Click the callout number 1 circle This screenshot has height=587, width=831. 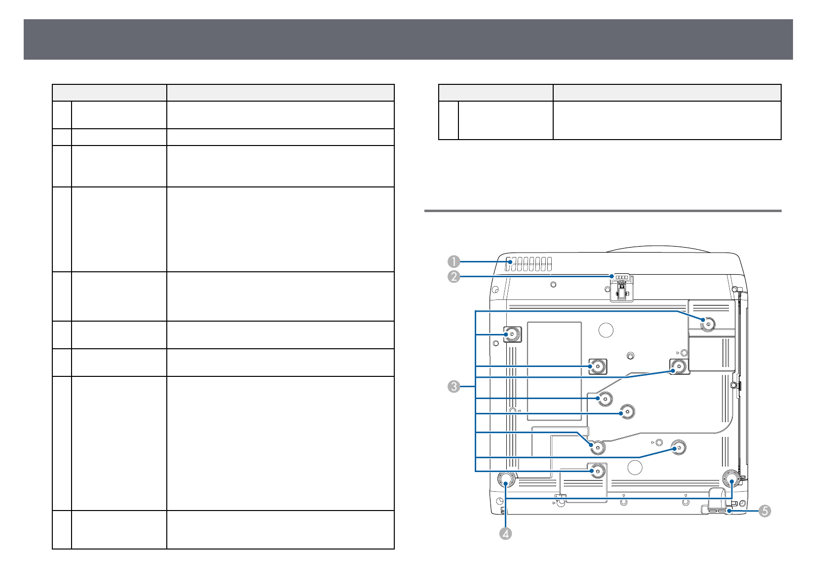(454, 261)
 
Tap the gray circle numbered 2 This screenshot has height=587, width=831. (454, 277)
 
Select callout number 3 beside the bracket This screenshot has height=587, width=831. (454, 386)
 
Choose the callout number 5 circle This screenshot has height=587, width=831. (764, 511)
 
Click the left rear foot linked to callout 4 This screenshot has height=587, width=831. (506, 479)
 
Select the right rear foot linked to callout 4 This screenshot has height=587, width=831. (731, 478)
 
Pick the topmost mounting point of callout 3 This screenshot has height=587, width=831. (708, 324)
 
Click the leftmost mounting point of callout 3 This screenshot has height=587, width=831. (511, 335)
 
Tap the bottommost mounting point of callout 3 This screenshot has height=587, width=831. (597, 471)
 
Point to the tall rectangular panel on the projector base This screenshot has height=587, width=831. (554, 371)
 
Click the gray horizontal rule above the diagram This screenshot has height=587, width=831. (603, 211)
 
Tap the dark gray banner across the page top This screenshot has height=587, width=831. (408, 39)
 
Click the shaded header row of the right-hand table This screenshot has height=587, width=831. (609, 92)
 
